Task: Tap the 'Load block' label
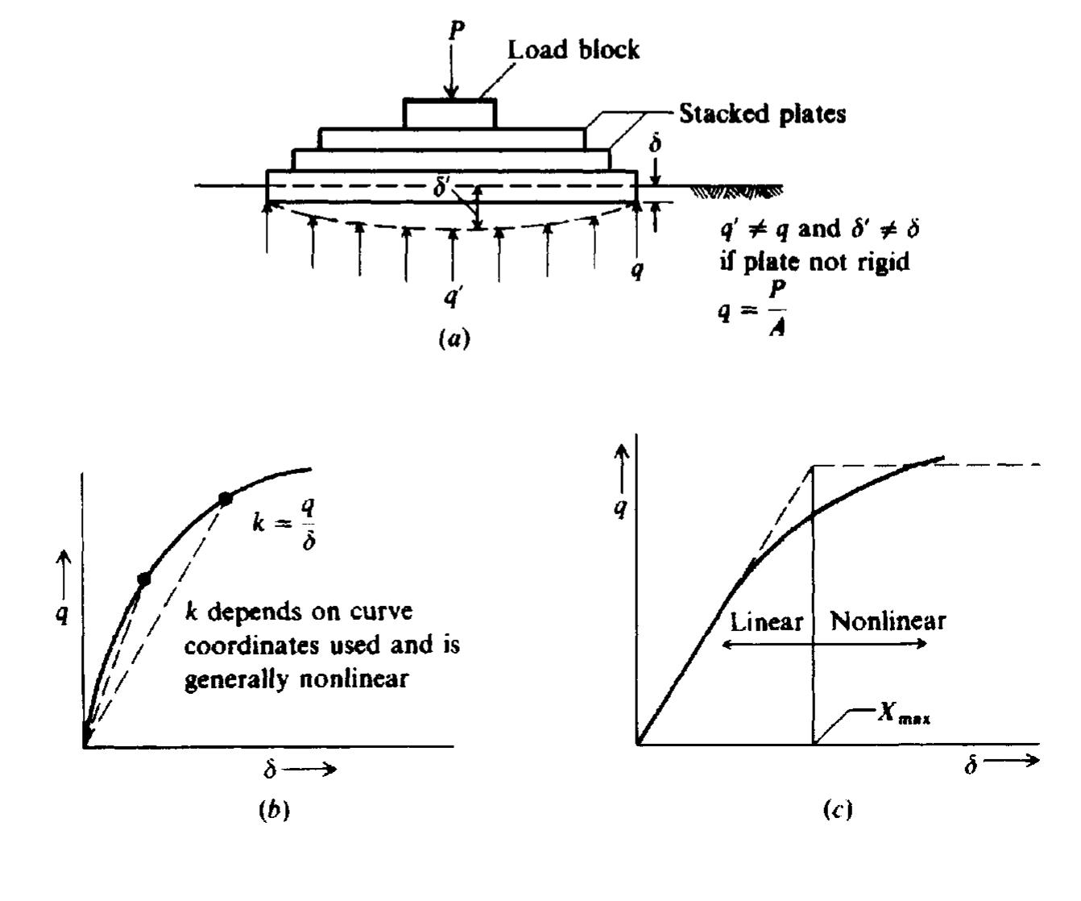pyautogui.click(x=574, y=50)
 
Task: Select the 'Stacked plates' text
pyautogui.click(x=763, y=114)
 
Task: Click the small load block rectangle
pyautogui.click(x=449, y=114)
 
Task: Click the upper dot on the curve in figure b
pyautogui.click(x=226, y=499)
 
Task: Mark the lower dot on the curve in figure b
pyautogui.click(x=144, y=579)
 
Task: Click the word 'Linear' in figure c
pyautogui.click(x=766, y=621)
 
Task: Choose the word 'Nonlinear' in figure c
pyautogui.click(x=888, y=621)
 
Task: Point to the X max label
pyautogui.click(x=905, y=715)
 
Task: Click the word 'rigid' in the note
pyautogui.click(x=886, y=262)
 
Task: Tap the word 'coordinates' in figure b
pyautogui.click(x=257, y=646)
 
